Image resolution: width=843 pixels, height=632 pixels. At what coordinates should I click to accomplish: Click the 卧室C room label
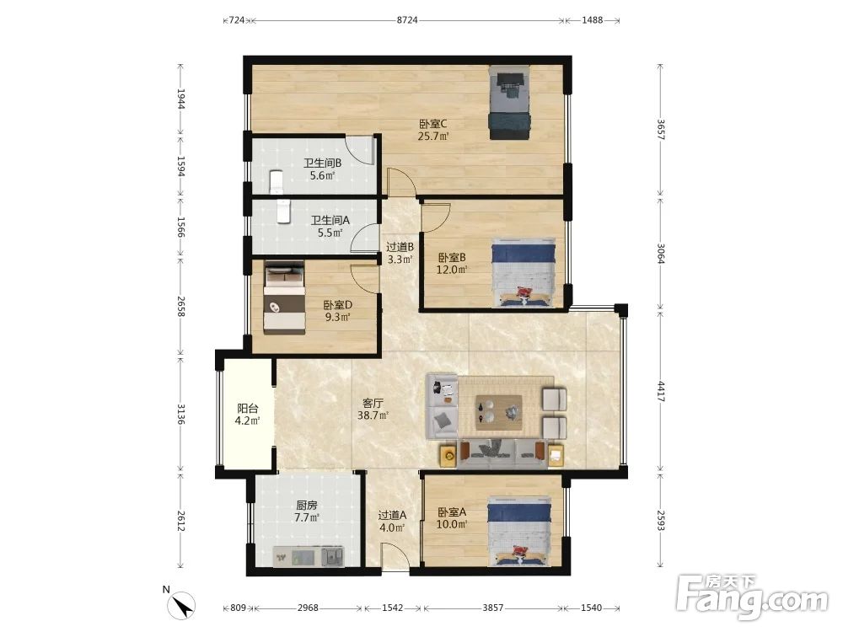pos(432,124)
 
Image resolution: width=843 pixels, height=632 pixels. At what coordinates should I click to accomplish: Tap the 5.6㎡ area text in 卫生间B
pos(322,176)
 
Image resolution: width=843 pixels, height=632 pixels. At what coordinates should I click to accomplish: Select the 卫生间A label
pos(330,220)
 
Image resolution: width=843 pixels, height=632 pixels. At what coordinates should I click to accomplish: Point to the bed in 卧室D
pos(284,297)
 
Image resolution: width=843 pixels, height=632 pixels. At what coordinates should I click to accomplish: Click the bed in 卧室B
pos(524,273)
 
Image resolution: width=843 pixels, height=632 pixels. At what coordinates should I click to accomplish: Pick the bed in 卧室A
pos(520,532)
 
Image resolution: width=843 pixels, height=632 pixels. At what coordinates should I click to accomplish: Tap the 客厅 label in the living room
pos(373,403)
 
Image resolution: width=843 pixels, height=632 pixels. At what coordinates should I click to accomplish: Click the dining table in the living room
pos(498,413)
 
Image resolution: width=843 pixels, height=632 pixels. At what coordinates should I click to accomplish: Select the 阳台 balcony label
pos(247,409)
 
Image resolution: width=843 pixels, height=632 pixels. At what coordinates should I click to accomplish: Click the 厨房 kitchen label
pos(307,505)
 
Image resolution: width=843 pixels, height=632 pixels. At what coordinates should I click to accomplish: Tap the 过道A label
pos(393,515)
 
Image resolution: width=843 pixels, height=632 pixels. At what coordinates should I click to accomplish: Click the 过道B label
pos(400,247)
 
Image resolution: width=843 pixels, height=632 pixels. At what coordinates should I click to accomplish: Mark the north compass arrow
pos(182,605)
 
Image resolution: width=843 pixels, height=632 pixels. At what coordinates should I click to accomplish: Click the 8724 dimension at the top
pos(407,20)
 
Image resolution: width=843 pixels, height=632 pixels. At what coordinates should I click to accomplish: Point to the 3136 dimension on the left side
pos(181,414)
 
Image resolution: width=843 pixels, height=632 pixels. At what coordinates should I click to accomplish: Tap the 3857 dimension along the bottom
pos(492,608)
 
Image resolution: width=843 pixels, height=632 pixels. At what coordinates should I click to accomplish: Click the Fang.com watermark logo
pos(752,597)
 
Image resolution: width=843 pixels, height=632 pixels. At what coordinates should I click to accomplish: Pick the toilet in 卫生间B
pos(276,181)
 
